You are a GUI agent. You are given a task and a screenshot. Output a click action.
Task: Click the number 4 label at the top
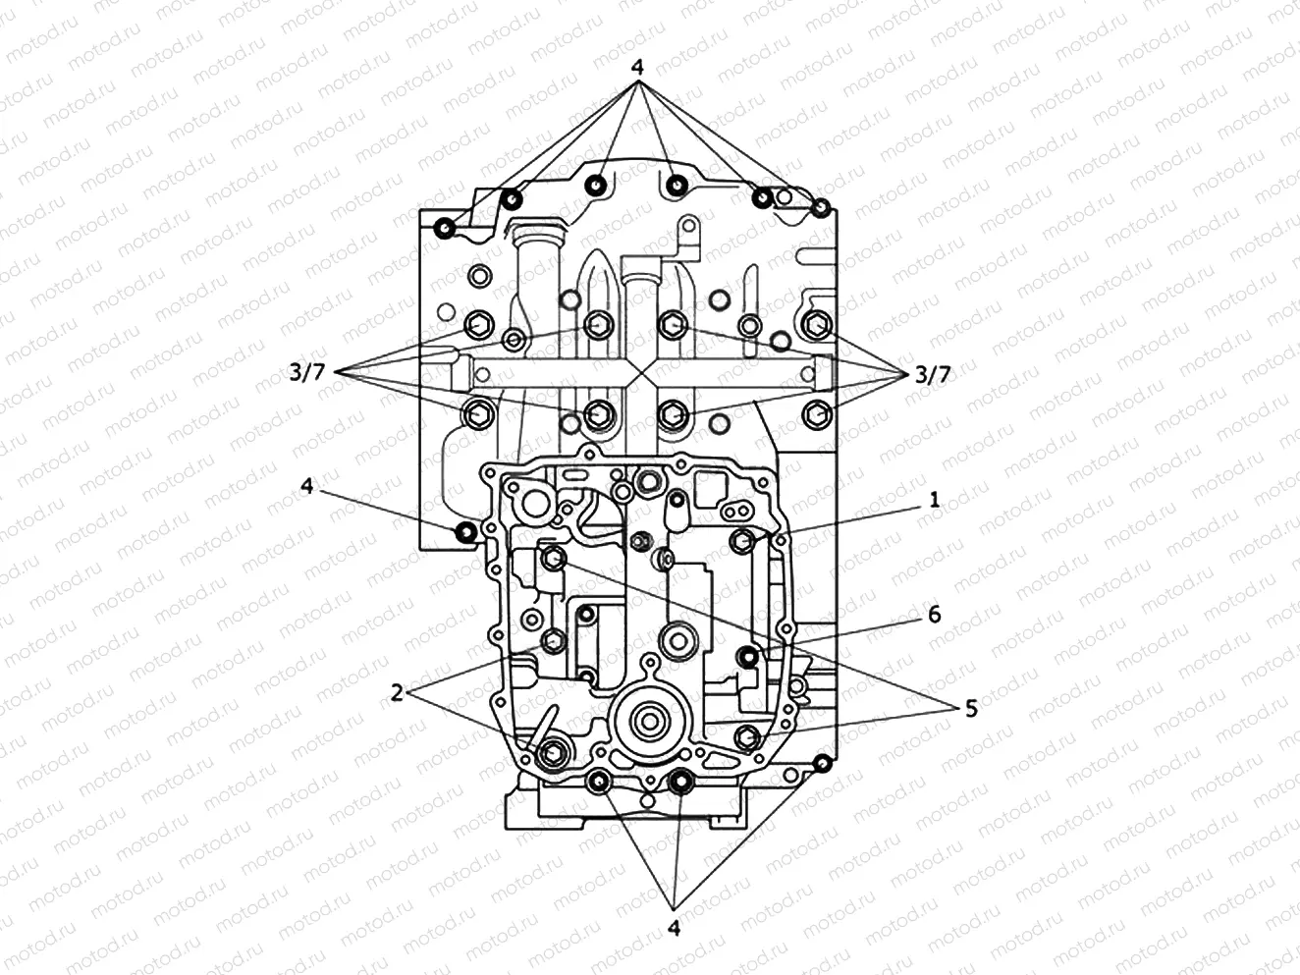[x=637, y=68]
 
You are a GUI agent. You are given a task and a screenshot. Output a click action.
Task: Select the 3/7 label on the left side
[x=306, y=373]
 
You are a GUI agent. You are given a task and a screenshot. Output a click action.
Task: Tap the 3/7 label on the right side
[x=932, y=373]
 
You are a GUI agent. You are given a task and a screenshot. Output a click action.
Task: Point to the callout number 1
[x=934, y=500]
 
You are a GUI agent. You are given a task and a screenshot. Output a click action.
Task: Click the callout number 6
[x=934, y=614]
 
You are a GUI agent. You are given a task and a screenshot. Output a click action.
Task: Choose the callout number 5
[x=970, y=708]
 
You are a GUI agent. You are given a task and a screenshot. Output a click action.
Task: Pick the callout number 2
[x=397, y=693]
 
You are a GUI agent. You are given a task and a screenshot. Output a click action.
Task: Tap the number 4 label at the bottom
[x=674, y=927]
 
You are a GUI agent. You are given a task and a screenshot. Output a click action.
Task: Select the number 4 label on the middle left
[x=307, y=486]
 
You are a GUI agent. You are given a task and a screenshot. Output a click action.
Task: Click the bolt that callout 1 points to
[x=742, y=539]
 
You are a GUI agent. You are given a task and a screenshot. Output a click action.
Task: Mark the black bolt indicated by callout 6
[x=748, y=657]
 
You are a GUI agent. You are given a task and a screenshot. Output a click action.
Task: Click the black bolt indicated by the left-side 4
[x=465, y=532]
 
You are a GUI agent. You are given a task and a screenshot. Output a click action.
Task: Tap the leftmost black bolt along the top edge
[x=444, y=229]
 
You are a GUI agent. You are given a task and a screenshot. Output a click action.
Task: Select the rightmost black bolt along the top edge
[x=821, y=207]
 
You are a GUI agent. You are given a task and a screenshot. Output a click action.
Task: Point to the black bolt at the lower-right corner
[x=823, y=763]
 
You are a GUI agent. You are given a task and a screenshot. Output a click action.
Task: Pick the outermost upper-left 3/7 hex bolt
[x=480, y=324]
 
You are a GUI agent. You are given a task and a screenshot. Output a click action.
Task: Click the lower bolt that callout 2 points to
[x=550, y=752]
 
